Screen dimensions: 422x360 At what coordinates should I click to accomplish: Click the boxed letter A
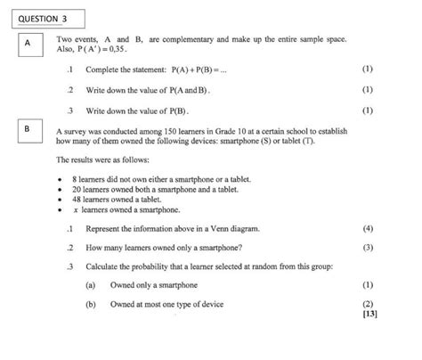tap(28, 43)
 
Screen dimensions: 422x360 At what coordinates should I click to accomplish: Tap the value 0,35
tap(116, 52)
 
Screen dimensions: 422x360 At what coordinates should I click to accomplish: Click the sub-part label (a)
tap(91, 285)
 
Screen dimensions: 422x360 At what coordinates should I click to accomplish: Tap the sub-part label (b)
tap(91, 304)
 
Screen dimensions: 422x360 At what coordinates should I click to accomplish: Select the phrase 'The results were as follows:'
tap(98, 160)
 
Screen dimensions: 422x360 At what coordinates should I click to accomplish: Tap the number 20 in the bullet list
tap(77, 190)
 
